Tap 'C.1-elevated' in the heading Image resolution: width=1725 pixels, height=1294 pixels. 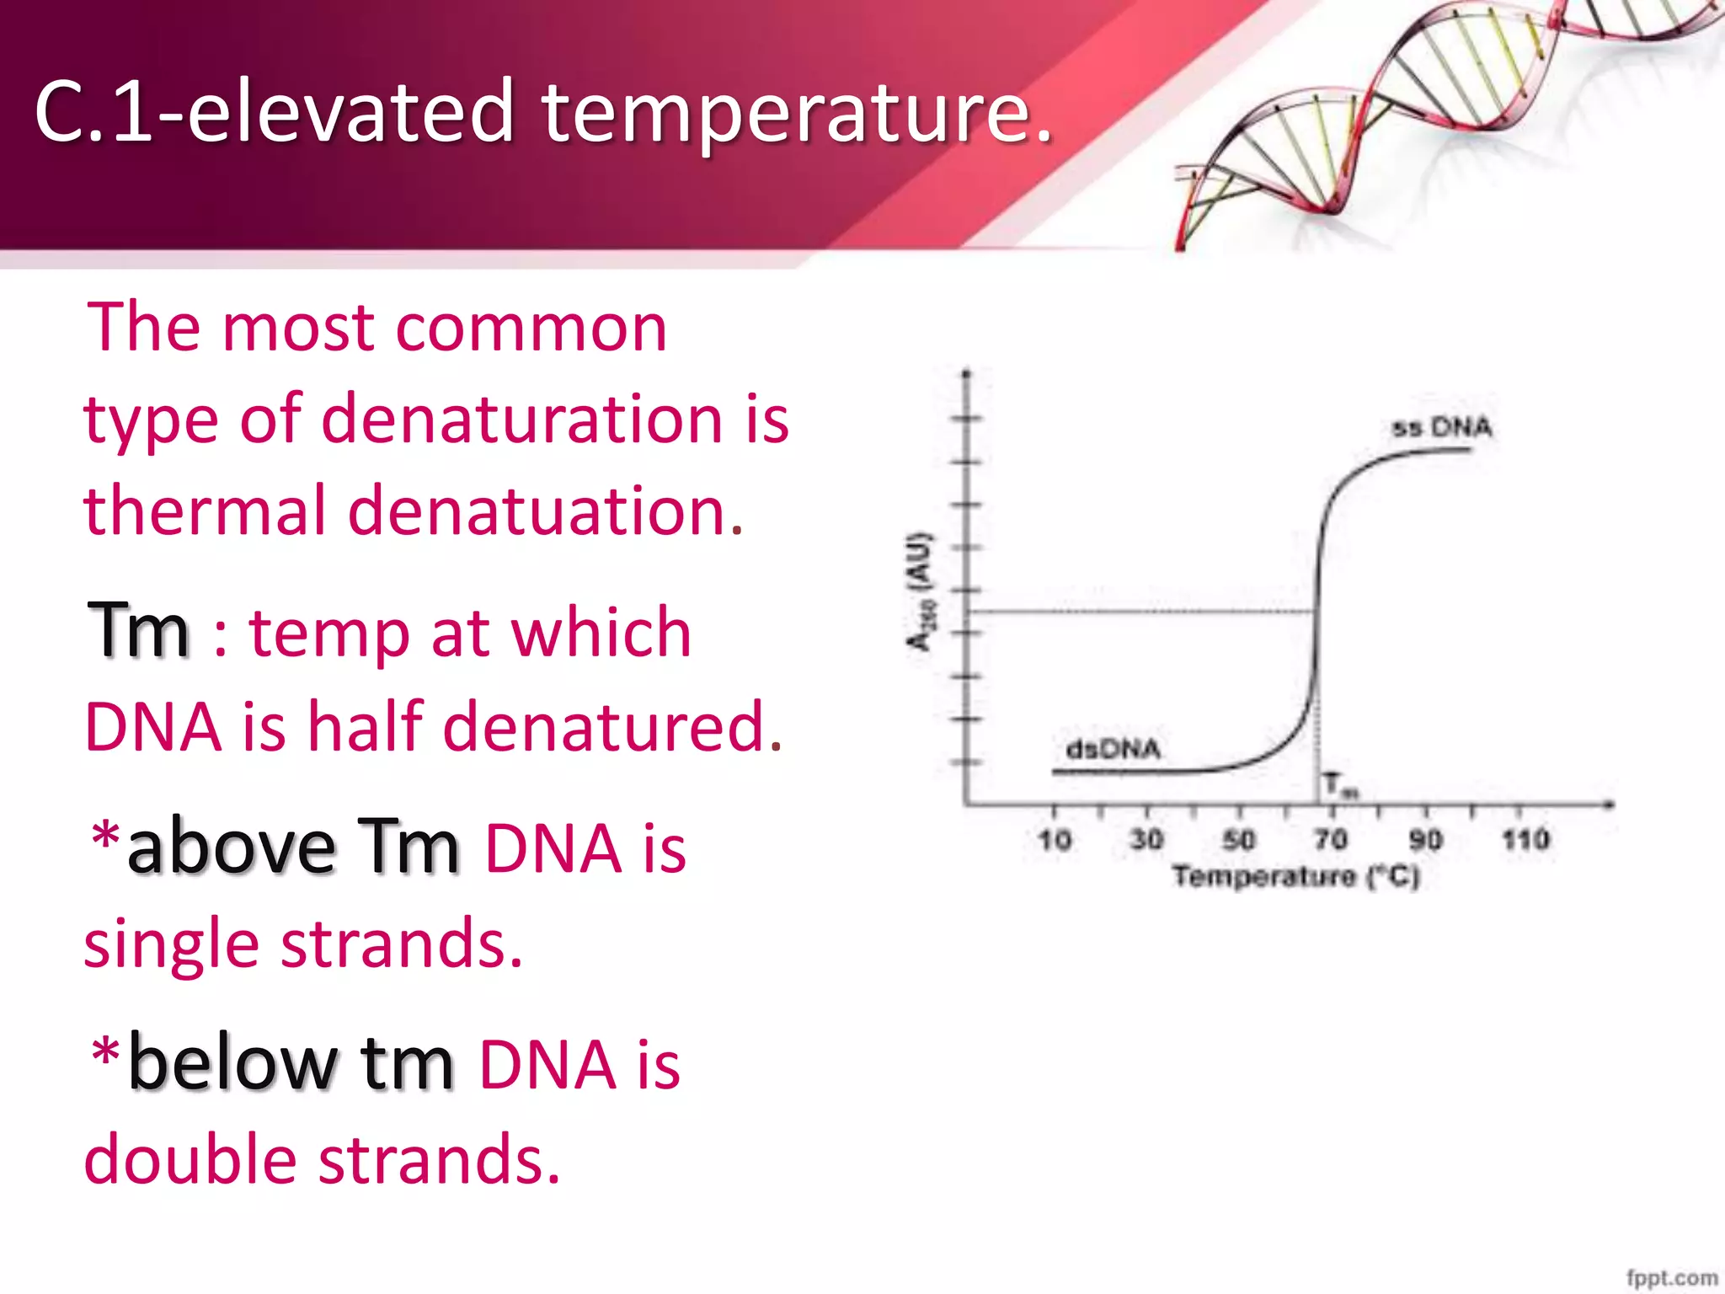274,111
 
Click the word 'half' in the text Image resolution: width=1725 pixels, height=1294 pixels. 364,726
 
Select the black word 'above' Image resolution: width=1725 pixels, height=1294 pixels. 231,847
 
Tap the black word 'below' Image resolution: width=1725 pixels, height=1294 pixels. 232,1063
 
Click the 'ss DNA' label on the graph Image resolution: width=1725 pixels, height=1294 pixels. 1441,428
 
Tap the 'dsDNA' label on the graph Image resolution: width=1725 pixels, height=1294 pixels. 1113,749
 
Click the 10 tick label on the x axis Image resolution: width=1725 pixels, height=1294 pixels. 1054,840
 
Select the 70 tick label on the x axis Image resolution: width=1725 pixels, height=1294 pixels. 1331,840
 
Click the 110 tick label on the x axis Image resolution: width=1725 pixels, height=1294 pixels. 1525,840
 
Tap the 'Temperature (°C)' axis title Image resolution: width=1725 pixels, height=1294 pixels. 1295,877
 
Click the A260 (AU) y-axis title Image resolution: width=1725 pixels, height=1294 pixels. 921,592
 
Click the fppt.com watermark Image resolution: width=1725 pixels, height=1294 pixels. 1671,1278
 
